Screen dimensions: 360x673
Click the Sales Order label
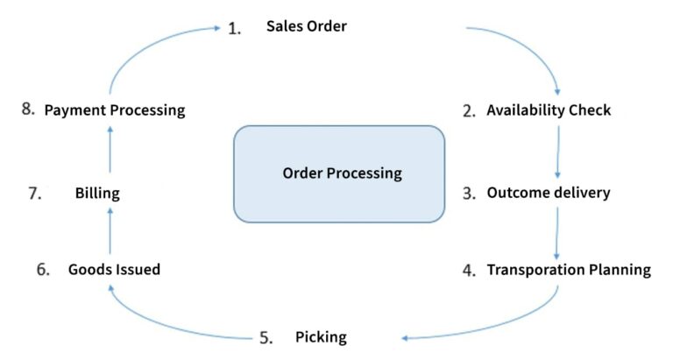click(x=306, y=26)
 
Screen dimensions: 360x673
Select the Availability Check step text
click(x=549, y=110)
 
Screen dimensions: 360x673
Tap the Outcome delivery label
click(x=548, y=193)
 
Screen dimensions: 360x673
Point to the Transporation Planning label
click(x=569, y=269)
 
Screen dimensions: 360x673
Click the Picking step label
click(x=321, y=337)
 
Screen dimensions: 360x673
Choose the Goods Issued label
click(x=114, y=269)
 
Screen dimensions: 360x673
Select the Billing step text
click(x=97, y=194)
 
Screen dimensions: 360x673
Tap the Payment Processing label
click(x=115, y=110)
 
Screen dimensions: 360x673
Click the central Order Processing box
click(x=339, y=173)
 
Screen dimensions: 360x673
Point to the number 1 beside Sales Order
click(x=234, y=28)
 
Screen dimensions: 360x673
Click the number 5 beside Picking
click(x=266, y=337)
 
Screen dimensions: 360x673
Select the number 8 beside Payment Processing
click(x=28, y=110)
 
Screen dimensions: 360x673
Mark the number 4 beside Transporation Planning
click(x=469, y=270)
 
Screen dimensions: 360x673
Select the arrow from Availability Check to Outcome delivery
click(x=558, y=152)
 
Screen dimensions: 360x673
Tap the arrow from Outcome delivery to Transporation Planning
click(x=557, y=230)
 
